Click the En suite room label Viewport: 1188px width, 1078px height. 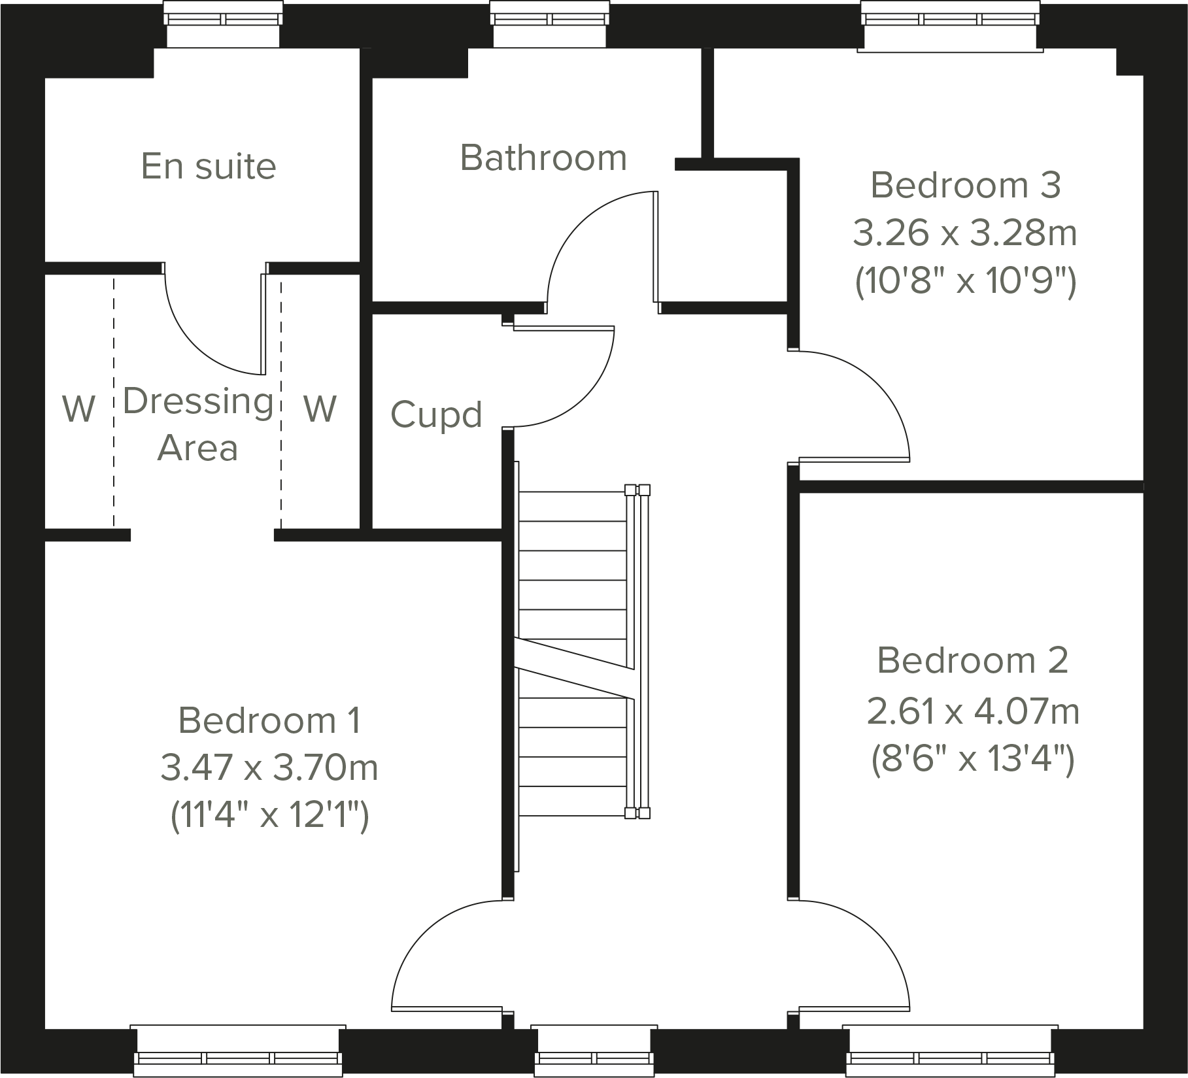(209, 166)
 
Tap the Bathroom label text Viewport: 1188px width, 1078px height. (543, 158)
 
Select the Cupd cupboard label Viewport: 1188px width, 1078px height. (436, 414)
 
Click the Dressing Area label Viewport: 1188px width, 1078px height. (197, 424)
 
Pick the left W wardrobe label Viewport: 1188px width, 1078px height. (78, 409)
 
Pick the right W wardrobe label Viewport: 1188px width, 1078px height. (320, 409)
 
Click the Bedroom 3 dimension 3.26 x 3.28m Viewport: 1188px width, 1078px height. (964, 233)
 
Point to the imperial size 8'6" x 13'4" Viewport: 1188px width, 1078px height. (972, 759)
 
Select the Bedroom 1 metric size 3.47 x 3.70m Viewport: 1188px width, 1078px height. (269, 767)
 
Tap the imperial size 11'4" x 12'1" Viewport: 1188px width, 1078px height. (269, 815)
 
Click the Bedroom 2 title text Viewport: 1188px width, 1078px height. (972, 660)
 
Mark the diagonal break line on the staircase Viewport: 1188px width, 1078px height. (574, 668)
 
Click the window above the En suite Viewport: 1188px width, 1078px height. (223, 25)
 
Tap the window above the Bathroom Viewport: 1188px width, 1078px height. (550, 25)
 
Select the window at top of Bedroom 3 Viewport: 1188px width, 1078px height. (950, 26)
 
